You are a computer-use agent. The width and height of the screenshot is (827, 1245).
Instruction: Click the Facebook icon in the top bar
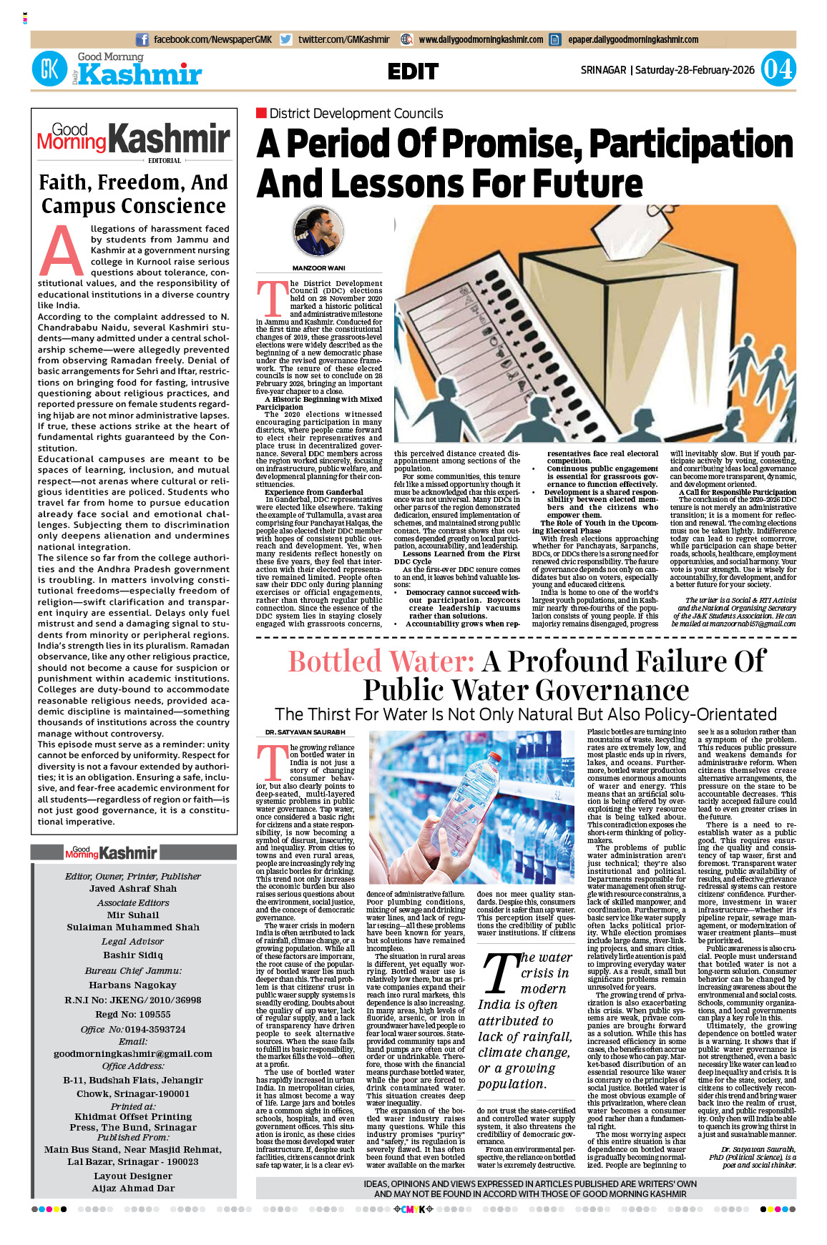click(142, 40)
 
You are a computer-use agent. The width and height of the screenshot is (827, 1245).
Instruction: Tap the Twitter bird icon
click(286, 40)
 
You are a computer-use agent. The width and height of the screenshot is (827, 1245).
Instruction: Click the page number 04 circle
click(778, 69)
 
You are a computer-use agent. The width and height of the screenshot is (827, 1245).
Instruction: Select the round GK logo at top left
click(49, 70)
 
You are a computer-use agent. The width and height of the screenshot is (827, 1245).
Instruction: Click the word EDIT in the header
click(413, 72)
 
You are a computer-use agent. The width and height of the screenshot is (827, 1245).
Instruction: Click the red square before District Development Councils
click(261, 113)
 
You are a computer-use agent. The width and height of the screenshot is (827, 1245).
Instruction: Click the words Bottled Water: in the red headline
click(381, 661)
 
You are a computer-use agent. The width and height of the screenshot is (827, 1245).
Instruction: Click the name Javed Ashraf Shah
click(133, 888)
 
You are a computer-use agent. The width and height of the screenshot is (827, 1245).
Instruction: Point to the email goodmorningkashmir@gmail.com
click(133, 1053)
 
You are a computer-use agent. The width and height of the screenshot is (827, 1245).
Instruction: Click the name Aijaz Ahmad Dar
click(133, 1188)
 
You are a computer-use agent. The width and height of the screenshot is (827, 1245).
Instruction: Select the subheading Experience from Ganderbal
click(314, 492)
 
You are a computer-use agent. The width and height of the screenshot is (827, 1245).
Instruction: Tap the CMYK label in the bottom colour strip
click(413, 1209)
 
